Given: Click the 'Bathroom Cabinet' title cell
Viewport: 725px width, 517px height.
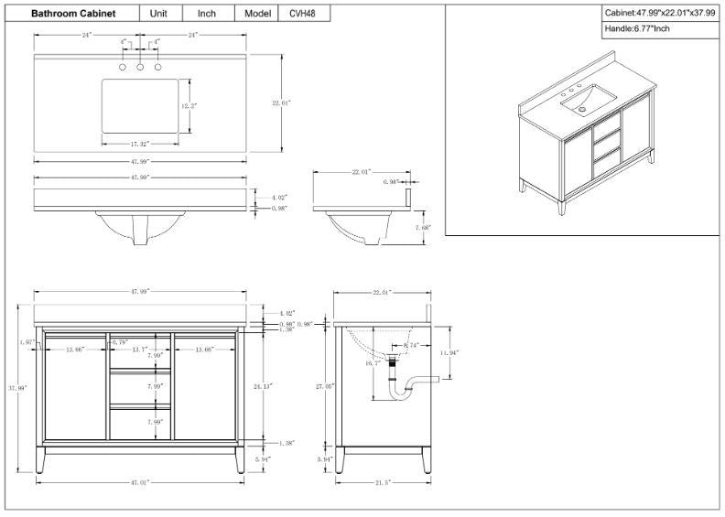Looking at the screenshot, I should (73, 14).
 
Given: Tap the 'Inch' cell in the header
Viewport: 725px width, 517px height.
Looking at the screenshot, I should (206, 14).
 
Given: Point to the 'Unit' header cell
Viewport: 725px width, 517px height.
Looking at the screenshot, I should (158, 14).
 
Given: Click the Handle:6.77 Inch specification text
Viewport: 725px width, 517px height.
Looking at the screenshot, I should (637, 29).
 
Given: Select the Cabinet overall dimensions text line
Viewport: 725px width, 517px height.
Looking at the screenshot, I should (660, 13).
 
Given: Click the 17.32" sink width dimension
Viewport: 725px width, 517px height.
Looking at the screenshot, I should (139, 145).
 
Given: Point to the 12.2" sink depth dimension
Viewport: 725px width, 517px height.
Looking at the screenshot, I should (189, 106).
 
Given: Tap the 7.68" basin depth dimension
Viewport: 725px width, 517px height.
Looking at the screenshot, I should (422, 227).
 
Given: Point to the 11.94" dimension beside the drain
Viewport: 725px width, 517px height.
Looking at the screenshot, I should (448, 352).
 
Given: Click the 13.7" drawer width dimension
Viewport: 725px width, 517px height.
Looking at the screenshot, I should (139, 350).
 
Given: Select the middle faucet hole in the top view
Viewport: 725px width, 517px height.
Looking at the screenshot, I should (140, 68).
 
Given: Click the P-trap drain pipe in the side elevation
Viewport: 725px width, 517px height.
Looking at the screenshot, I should (407, 388).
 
